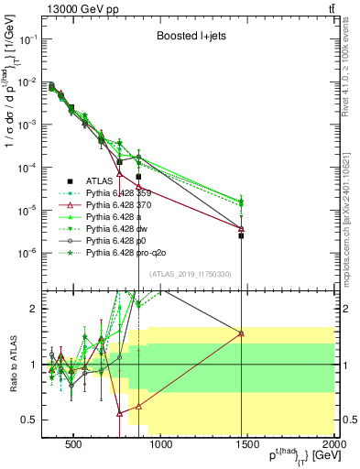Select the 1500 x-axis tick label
(247, 446)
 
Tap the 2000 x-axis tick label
(333, 446)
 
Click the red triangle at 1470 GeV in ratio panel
(241, 333)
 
